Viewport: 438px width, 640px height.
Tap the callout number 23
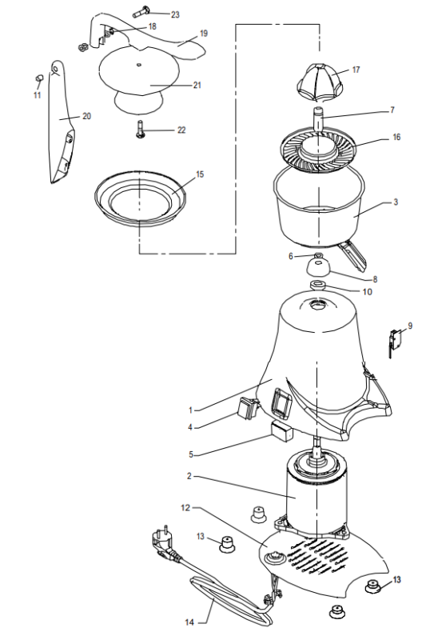[175, 15]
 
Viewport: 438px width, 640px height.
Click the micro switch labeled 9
[394, 342]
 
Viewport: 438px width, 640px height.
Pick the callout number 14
[189, 622]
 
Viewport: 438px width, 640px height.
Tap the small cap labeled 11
[40, 78]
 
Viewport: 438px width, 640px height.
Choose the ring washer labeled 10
[318, 285]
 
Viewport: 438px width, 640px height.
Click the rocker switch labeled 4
[248, 408]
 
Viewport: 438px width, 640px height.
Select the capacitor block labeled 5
[281, 431]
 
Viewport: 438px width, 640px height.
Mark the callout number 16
[396, 137]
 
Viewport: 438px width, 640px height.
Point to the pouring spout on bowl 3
[352, 256]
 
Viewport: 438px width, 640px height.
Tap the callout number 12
[185, 508]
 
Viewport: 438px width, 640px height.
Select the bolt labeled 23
[142, 14]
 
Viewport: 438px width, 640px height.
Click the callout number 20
[86, 116]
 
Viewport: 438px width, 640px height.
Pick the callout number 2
[189, 476]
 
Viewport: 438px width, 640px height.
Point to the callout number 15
[200, 174]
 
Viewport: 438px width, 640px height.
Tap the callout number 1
[190, 410]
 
